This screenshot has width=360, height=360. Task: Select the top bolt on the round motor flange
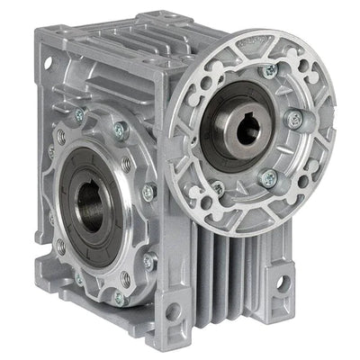pyautogui.click(x=268, y=70)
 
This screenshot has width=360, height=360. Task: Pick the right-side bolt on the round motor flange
pyautogui.click(x=292, y=118)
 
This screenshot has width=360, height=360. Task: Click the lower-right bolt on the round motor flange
pyautogui.click(x=268, y=179)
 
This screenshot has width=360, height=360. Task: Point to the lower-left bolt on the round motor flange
pyautogui.click(x=218, y=189)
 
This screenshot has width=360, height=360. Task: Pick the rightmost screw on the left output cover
pyautogui.click(x=149, y=191)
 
